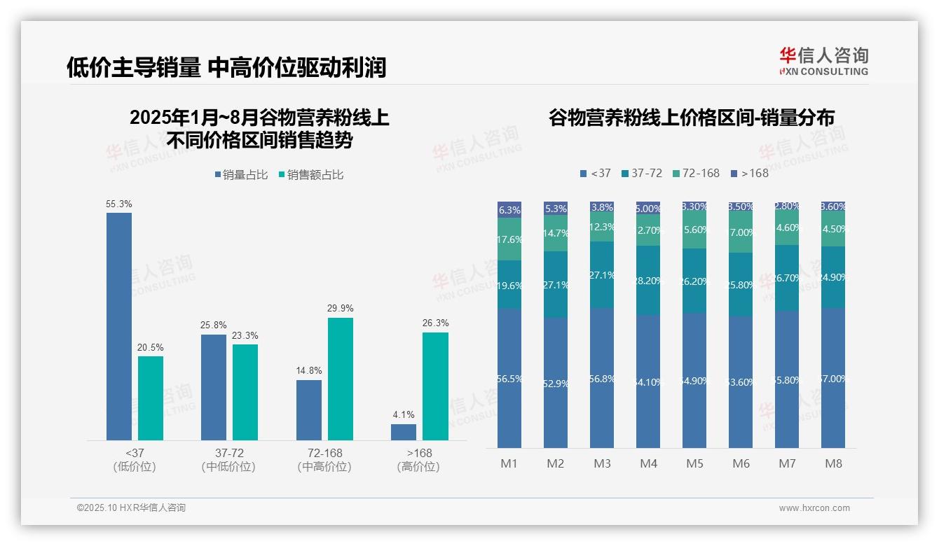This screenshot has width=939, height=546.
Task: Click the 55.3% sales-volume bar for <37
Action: pyautogui.click(x=119, y=326)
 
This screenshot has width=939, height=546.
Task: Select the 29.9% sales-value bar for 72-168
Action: pyautogui.click(x=341, y=379)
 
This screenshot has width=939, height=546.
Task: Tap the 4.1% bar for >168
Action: pyautogui.click(x=404, y=432)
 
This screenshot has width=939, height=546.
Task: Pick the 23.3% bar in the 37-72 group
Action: pyautogui.click(x=245, y=392)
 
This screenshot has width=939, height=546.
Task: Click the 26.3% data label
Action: pyautogui.click(x=435, y=323)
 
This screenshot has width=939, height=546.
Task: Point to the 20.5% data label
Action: pyautogui.click(x=151, y=347)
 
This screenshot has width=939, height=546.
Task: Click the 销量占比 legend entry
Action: pyautogui.click(x=242, y=175)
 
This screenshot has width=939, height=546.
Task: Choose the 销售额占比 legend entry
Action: pyautogui.click(x=312, y=175)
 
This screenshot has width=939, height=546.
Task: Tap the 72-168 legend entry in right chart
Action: pyautogui.click(x=696, y=173)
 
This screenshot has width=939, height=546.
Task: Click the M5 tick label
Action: pyautogui.click(x=694, y=463)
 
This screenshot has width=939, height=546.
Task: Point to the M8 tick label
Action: pyautogui.click(x=833, y=463)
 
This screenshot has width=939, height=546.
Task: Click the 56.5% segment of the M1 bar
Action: pyautogui.click(x=509, y=378)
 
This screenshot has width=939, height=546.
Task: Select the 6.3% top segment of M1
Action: pyautogui.click(x=509, y=209)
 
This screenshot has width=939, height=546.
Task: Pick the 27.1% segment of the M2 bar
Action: pyautogui.click(x=556, y=284)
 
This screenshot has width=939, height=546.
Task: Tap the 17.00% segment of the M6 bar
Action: pyautogui.click(x=741, y=232)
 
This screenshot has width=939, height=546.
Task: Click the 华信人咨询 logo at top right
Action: pyautogui.click(x=823, y=60)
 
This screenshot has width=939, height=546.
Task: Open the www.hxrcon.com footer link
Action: pyautogui.click(x=814, y=508)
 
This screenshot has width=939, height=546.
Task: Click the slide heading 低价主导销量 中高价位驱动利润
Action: pyautogui.click(x=226, y=67)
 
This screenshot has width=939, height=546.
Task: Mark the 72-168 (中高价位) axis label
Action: pyautogui.click(x=324, y=460)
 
